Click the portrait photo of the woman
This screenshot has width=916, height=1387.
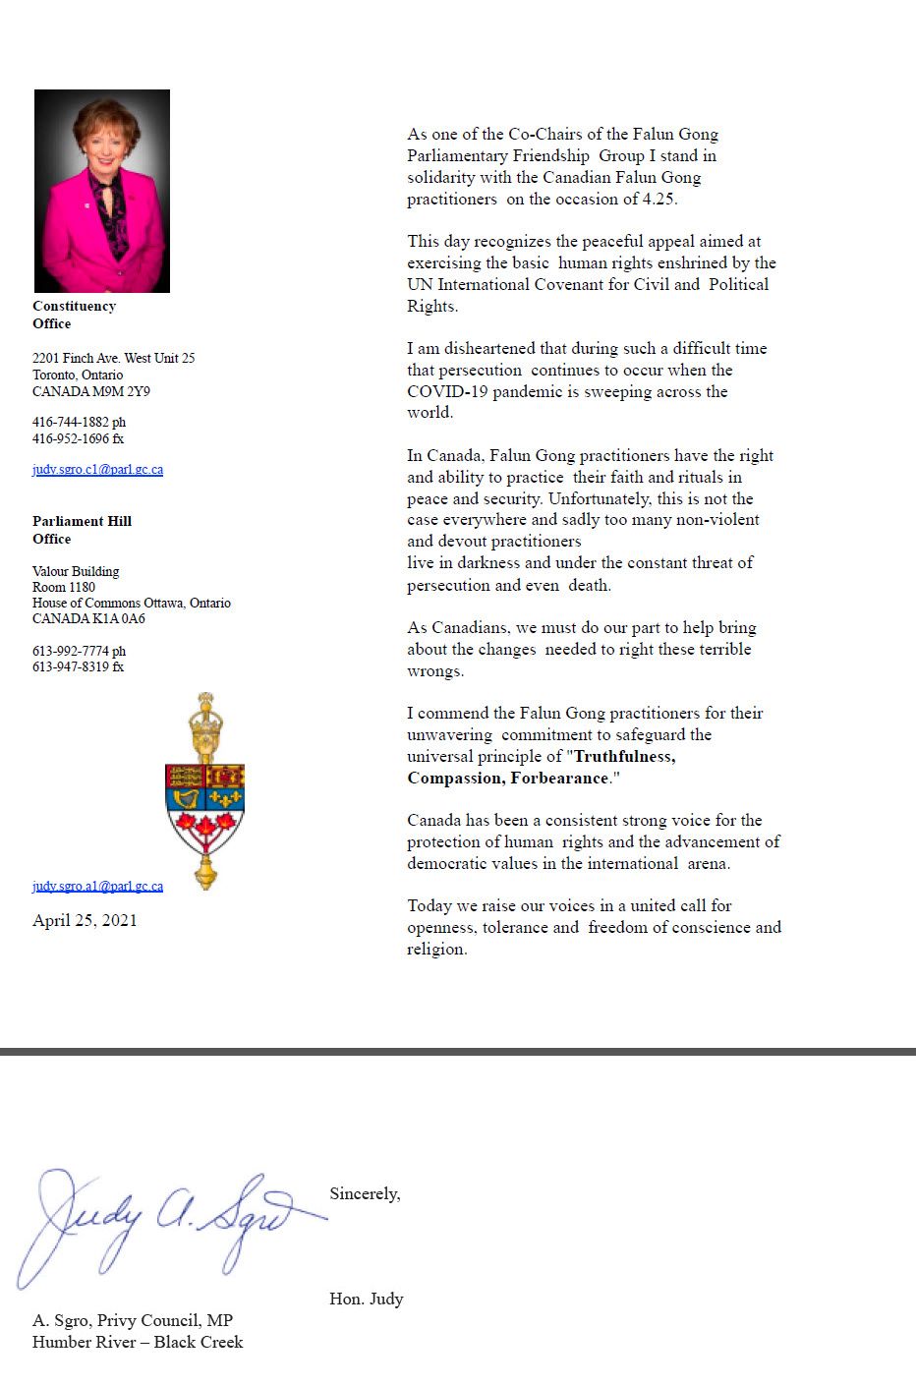[x=102, y=191]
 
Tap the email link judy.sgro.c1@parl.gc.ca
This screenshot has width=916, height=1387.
[x=97, y=470]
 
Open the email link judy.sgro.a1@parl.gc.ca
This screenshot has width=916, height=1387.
[x=97, y=887]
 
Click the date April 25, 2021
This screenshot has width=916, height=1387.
[x=85, y=921]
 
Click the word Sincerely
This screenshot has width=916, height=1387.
[x=365, y=1194]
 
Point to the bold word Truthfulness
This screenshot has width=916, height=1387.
[x=624, y=757]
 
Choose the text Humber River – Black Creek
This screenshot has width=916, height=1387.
[x=138, y=1343]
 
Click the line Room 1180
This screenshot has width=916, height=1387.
[x=64, y=587]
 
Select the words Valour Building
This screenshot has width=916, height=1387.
[x=76, y=571]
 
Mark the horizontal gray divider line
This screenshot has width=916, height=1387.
[x=458, y=1052]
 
